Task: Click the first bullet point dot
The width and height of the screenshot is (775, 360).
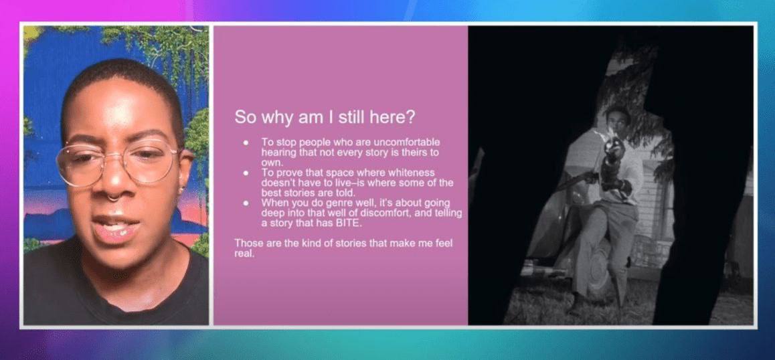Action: pyautogui.click(x=246, y=143)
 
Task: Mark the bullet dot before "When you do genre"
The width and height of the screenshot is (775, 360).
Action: pyautogui.click(x=246, y=203)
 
